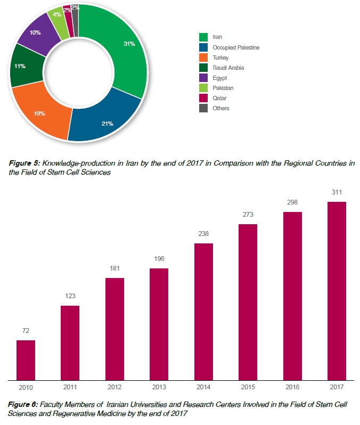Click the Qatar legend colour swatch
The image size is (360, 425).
coord(203,98)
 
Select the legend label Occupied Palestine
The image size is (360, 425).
coord(235,47)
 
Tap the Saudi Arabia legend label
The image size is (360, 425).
coord(228,68)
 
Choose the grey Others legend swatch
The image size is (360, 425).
coord(203,108)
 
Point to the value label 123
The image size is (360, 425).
coord(70,296)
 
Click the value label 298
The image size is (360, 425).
coord(292,202)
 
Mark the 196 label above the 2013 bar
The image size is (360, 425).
coord(159,259)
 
